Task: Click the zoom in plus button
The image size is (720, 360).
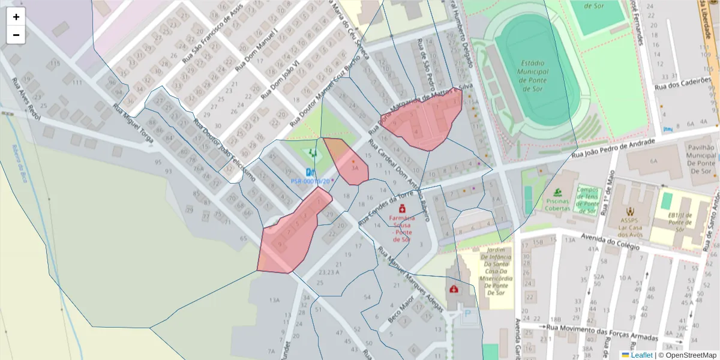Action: [16, 17]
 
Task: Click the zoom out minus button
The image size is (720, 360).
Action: [16, 35]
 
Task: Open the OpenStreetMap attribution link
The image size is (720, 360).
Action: [687, 355]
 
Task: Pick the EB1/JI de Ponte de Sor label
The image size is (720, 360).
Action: [679, 221]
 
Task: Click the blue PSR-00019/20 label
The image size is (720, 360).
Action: [310, 181]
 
